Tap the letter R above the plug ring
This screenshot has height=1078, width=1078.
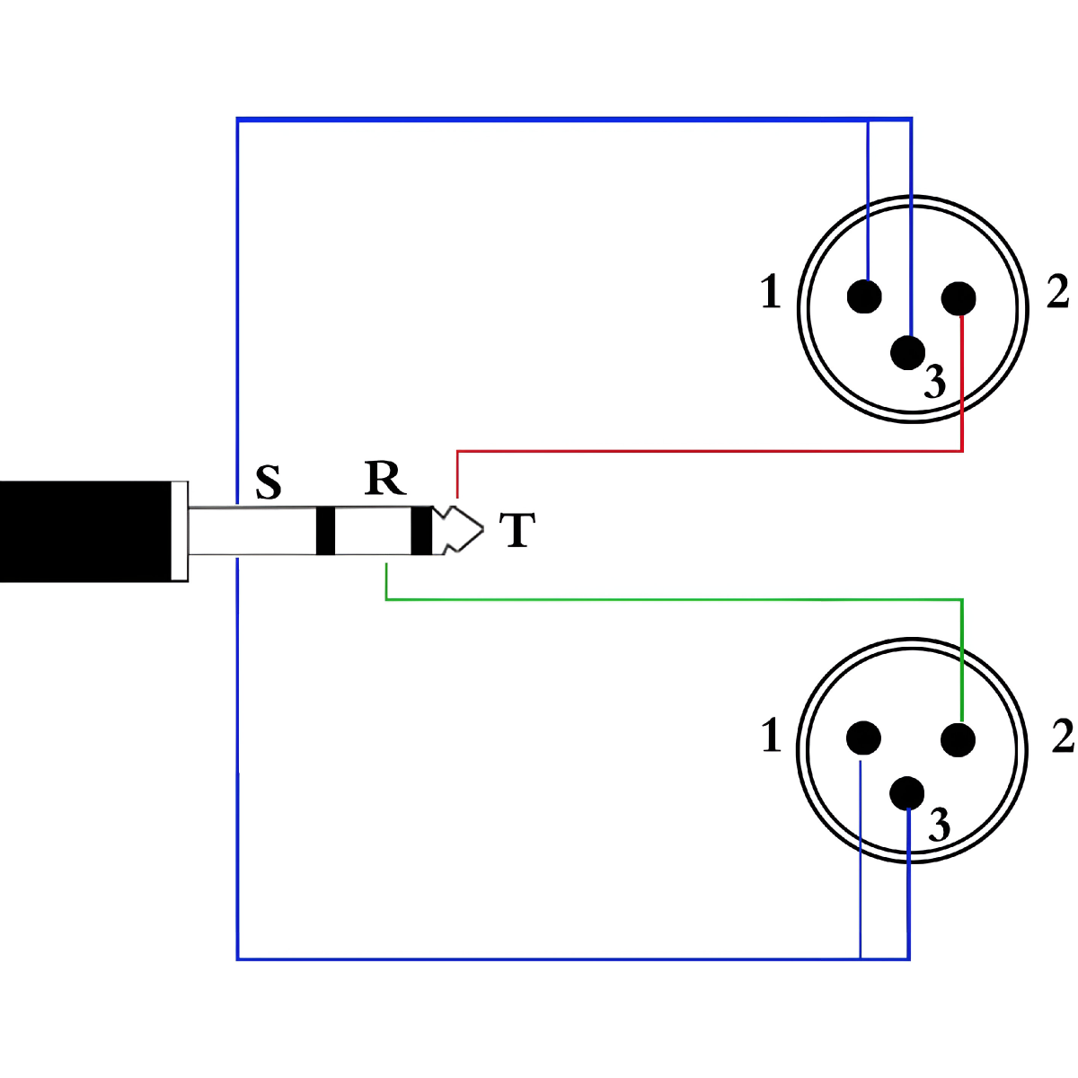384,478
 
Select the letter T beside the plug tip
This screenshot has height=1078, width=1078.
517,529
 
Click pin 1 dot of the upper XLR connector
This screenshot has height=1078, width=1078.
864,296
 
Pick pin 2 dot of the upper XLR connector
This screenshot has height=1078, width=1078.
959,298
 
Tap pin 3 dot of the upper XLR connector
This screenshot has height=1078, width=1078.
907,352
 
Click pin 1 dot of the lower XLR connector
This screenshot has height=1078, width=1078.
863,738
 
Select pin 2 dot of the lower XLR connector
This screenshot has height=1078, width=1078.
959,740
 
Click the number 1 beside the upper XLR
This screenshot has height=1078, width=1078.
770,292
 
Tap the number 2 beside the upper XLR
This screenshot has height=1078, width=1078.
1058,292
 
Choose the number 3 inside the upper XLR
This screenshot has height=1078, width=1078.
935,382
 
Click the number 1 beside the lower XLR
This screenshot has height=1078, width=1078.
771,736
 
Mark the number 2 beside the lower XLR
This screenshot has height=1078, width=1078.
1064,736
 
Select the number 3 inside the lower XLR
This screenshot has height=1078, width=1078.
940,825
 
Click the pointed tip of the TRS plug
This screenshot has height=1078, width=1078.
483,529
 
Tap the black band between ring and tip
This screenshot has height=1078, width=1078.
421,530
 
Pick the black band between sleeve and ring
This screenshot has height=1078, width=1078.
325,530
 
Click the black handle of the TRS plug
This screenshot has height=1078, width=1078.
85,532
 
